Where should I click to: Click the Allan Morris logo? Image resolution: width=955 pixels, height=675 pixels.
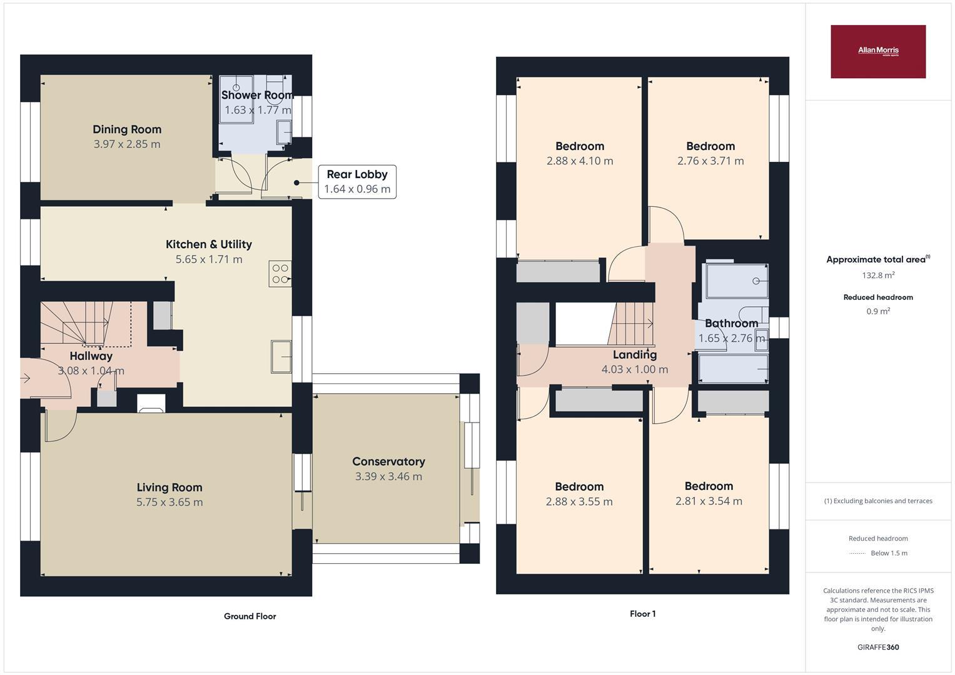pyautogui.click(x=877, y=51)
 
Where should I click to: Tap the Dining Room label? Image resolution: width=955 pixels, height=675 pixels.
pyautogui.click(x=127, y=129)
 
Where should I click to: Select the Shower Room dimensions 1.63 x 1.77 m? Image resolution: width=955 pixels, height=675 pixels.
pyautogui.click(x=258, y=110)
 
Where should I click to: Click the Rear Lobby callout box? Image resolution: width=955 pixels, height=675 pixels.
pyautogui.click(x=357, y=182)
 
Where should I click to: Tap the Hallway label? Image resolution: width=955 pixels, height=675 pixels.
pyautogui.click(x=91, y=356)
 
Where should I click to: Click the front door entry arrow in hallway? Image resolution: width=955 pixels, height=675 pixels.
pyautogui.click(x=26, y=378)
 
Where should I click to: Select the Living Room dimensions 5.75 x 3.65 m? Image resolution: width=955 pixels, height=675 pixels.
pyautogui.click(x=169, y=502)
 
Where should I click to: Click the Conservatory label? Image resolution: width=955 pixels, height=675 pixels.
pyautogui.click(x=388, y=461)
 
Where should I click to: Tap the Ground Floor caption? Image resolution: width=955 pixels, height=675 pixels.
pyautogui.click(x=250, y=616)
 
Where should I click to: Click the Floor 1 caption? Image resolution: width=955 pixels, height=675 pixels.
pyautogui.click(x=642, y=614)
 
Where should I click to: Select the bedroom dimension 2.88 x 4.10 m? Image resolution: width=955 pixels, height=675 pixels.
pyautogui.click(x=580, y=161)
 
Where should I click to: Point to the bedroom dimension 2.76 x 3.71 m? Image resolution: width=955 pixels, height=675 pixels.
pyautogui.click(x=710, y=161)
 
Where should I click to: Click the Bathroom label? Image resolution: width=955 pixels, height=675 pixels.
pyautogui.click(x=731, y=323)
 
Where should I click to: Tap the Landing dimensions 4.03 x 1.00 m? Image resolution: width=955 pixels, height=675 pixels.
pyautogui.click(x=635, y=369)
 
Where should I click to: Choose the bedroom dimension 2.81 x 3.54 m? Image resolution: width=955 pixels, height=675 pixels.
pyautogui.click(x=709, y=501)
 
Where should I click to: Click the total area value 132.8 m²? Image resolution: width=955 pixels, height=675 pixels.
pyautogui.click(x=877, y=275)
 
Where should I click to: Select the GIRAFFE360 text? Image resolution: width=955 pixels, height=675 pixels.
pyautogui.click(x=877, y=647)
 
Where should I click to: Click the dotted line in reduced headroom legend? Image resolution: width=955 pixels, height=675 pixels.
pyautogui.click(x=857, y=553)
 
